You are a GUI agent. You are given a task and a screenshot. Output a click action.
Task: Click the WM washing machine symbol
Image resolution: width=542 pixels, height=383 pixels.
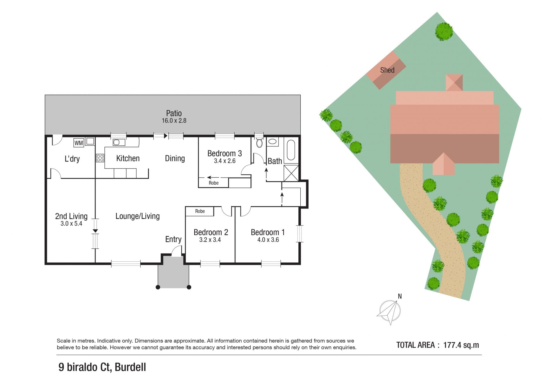click(79, 143)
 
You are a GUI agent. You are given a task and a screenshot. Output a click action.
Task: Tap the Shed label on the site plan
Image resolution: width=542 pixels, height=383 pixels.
click(387, 70)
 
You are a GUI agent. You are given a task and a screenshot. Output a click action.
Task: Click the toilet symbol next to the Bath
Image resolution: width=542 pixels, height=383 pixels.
click(259, 142)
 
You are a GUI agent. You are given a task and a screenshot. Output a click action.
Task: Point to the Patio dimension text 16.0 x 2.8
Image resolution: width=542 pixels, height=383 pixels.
click(174, 121)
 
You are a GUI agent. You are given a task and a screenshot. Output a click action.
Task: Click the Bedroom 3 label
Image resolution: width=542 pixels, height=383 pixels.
click(224, 154)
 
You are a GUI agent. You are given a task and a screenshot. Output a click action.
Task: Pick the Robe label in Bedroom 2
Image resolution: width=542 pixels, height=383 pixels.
click(200, 211)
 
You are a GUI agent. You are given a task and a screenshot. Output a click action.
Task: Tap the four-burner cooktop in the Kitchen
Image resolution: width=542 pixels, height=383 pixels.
click(100, 158)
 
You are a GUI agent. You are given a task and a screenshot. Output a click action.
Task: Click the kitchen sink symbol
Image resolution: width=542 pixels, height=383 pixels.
click(119, 142)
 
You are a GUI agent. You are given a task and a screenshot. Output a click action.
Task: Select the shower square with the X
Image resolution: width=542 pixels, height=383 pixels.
click(291, 173)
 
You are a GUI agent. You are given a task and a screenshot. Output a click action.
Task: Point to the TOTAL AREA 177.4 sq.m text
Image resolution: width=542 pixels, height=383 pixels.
click(438, 345)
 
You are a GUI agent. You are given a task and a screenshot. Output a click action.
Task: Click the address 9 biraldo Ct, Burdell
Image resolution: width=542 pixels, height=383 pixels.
click(102, 367)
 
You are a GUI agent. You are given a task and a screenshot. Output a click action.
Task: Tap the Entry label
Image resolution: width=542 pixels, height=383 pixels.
click(173, 239)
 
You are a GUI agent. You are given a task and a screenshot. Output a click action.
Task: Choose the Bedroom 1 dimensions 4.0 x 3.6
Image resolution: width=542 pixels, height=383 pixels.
click(268, 240)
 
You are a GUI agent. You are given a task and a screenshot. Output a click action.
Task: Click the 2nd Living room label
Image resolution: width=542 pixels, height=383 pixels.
click(71, 216)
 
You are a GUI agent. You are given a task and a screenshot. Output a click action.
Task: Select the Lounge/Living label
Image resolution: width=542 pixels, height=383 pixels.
click(137, 216)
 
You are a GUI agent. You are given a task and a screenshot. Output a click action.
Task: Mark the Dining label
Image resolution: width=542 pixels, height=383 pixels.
click(175, 159)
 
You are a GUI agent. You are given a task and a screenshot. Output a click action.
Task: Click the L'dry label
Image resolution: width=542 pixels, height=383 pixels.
click(72, 159)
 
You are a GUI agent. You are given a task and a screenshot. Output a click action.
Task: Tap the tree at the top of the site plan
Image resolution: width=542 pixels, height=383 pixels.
click(444, 32)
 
